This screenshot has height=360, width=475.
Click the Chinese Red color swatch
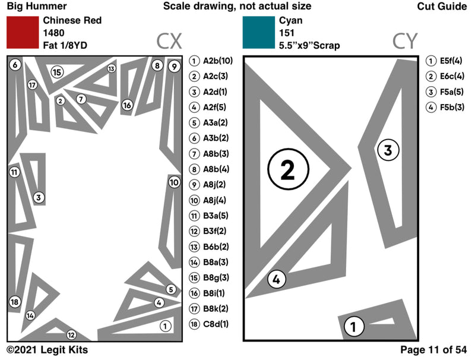click(22, 32)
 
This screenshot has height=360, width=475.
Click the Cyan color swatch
click(258, 32)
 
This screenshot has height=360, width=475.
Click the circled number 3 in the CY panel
click(387, 150)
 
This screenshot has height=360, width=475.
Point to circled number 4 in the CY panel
click(275, 279)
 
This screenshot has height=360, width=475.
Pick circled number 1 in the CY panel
click(353, 326)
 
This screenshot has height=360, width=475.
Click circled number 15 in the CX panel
click(56, 72)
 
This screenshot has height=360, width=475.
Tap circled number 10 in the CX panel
click(173, 182)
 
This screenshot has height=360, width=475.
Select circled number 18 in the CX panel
click(15, 302)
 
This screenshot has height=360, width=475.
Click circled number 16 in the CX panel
click(127, 105)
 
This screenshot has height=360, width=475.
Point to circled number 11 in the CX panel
click(14, 172)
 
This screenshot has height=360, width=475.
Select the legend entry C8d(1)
click(211, 324)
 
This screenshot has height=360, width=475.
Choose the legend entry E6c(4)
click(446, 76)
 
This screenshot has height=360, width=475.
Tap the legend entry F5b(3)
click(446, 107)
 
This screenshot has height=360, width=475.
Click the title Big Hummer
click(28, 6)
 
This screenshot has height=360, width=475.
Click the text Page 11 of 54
click(433, 350)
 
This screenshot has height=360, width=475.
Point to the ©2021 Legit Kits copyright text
click(47, 350)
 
